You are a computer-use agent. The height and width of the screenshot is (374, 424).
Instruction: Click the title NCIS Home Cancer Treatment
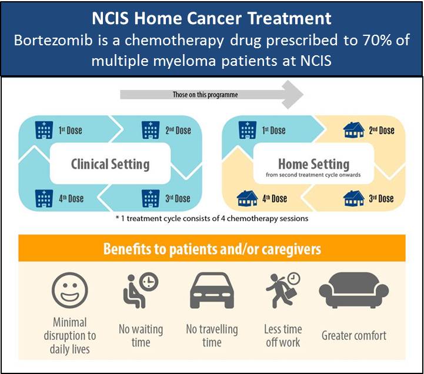pos(212,18)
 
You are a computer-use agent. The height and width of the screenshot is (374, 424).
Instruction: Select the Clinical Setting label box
pos(111,163)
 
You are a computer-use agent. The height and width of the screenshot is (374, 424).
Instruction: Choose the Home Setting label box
pos(313,166)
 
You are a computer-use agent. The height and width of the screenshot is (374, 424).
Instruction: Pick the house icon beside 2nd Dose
pos(353,130)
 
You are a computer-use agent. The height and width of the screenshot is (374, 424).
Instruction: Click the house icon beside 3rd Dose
pos(353,198)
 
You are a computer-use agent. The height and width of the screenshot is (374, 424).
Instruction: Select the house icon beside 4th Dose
pos(247,198)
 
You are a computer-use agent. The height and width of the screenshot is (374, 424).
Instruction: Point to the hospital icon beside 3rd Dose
pos(151,198)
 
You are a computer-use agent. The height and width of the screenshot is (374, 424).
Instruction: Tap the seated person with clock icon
pos(139,290)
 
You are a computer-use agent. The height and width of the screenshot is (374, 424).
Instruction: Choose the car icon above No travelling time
pos(212,290)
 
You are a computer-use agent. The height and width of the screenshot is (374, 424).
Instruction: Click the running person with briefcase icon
pos(282,290)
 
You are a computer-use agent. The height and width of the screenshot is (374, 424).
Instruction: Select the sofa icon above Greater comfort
pos(353,290)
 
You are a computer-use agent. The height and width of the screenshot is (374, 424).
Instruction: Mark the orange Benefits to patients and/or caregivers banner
pos(212,248)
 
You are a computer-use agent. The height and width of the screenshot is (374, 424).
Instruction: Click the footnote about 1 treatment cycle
pos(211,218)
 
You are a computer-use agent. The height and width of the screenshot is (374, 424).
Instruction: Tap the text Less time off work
pos(282,336)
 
